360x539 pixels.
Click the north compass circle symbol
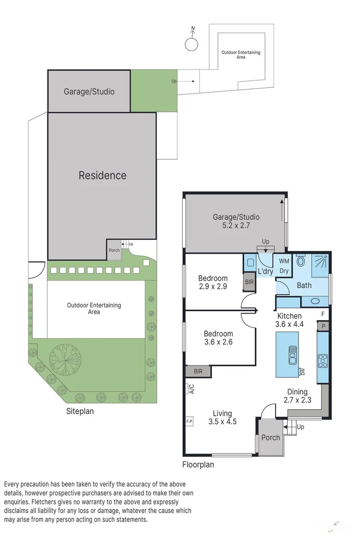click(x=191, y=44)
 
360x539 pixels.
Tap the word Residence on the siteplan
click(x=102, y=175)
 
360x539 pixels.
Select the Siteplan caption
click(x=80, y=411)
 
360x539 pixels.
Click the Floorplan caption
click(x=198, y=464)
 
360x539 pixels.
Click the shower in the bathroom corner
click(x=319, y=264)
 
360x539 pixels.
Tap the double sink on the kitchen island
click(x=292, y=355)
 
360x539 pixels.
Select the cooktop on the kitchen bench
click(x=322, y=360)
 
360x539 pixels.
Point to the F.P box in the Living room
click(x=190, y=421)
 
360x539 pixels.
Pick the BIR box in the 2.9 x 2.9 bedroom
click(x=249, y=282)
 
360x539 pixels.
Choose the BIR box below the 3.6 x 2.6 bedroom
click(x=198, y=371)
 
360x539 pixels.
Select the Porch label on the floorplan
click(x=270, y=437)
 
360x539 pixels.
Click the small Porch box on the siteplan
click(x=114, y=251)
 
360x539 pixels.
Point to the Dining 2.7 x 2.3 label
click(x=297, y=396)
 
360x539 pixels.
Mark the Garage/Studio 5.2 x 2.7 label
click(x=232, y=221)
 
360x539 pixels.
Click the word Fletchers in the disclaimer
click(x=46, y=502)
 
